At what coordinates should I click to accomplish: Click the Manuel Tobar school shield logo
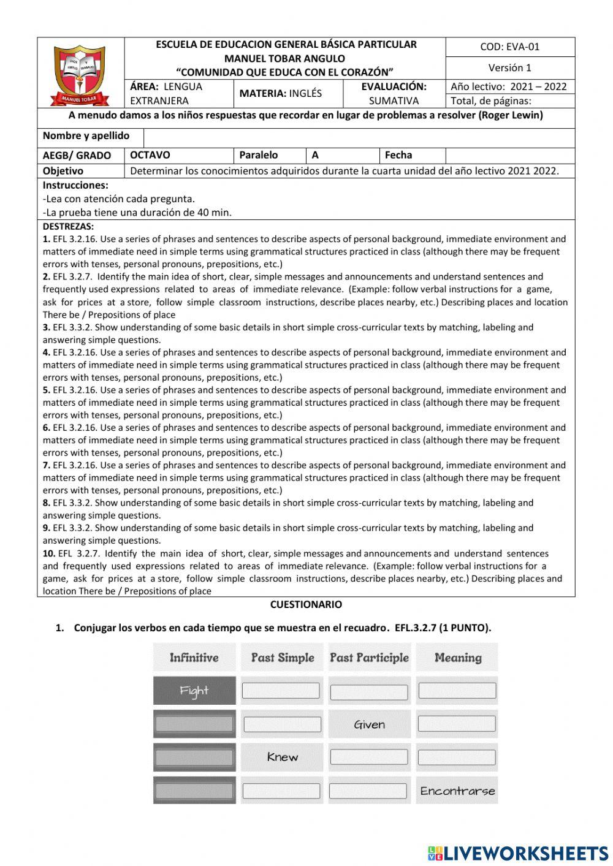pyautogui.click(x=81, y=74)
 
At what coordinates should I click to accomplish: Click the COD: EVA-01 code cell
pyautogui.click(x=509, y=47)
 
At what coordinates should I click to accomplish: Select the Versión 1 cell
pyautogui.click(x=509, y=67)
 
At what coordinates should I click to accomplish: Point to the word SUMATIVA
pyautogui.click(x=394, y=101)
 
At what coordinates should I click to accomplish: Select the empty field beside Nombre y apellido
pyautogui.click(x=360, y=136)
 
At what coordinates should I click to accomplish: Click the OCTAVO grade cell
pyautogui.click(x=150, y=155)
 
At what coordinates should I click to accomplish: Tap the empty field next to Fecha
pyautogui.click(x=509, y=155)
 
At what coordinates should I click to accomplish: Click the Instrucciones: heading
pyautogui.click(x=75, y=185)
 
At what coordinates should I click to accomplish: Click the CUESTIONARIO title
pyautogui.click(x=306, y=604)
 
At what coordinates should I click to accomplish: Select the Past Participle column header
pyautogui.click(x=369, y=658)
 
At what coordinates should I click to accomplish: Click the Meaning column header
pyautogui.click(x=457, y=658)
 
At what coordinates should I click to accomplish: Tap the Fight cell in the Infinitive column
pyautogui.click(x=194, y=691)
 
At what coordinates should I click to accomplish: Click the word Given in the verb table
pyautogui.click(x=369, y=724)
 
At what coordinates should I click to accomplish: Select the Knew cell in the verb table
pyautogui.click(x=282, y=757)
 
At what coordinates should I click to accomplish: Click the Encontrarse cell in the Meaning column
pyautogui.click(x=457, y=791)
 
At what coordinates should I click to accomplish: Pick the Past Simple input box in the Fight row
pyautogui.click(x=281, y=691)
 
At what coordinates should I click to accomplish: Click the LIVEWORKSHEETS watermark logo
pyautogui.click(x=518, y=853)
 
